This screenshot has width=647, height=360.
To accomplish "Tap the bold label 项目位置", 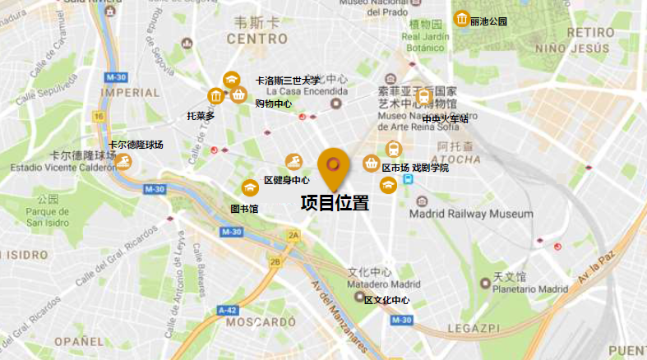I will (335, 202).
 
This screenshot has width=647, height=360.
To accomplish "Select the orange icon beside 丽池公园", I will (462, 20).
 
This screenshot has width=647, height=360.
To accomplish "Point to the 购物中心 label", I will (273, 104).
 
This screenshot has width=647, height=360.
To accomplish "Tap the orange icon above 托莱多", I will (216, 97).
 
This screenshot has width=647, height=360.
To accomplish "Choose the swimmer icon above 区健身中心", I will (293, 161).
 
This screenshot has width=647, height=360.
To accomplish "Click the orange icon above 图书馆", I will (250, 188).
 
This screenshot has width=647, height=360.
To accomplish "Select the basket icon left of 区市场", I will (371, 164).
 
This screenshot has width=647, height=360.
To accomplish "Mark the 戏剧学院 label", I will (431, 168).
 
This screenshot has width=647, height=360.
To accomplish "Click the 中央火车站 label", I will (445, 119).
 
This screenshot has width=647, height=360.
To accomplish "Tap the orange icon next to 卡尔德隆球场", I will (122, 160).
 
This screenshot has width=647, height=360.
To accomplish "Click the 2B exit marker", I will (275, 262).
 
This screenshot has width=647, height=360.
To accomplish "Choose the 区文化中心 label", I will (386, 300).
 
